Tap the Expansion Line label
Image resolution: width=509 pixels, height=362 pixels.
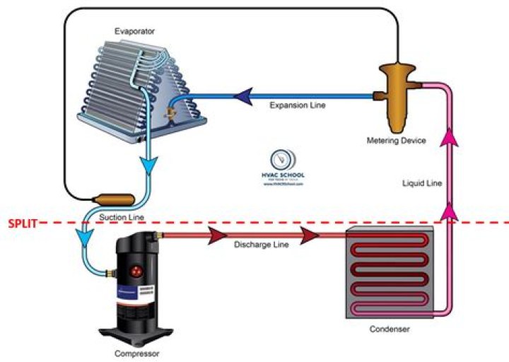297,105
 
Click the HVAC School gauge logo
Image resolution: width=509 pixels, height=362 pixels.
283,160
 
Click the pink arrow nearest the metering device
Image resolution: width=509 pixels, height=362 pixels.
447,139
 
